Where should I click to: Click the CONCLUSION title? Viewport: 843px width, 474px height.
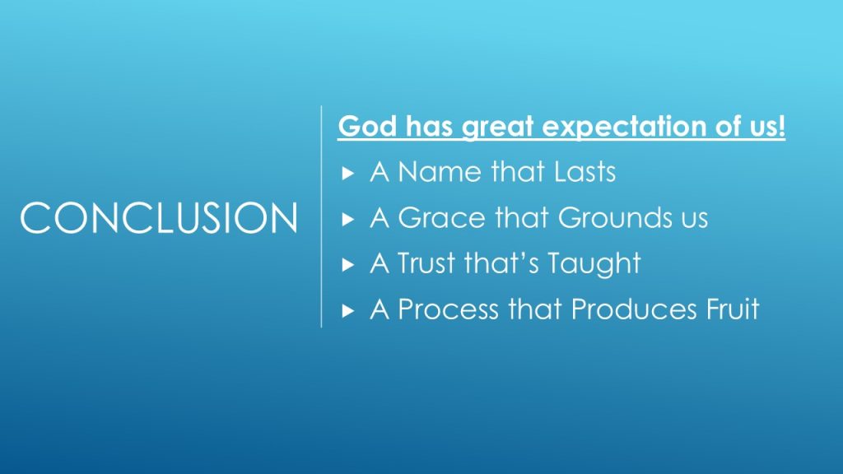(x=159, y=217)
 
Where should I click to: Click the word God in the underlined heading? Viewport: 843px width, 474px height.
(x=368, y=126)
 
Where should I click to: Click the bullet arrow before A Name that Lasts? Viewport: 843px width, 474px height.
(x=348, y=173)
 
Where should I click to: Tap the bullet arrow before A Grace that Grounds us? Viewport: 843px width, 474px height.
(x=348, y=219)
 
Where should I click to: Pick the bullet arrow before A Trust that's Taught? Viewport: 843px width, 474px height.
(x=348, y=264)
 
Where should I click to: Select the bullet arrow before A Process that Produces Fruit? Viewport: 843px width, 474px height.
(x=348, y=310)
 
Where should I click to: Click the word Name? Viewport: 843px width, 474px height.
(x=440, y=172)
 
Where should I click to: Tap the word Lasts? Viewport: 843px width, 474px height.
(x=585, y=172)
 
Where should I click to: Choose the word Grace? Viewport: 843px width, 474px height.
(x=441, y=217)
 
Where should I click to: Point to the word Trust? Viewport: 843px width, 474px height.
(x=426, y=263)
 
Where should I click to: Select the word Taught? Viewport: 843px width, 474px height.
(x=594, y=264)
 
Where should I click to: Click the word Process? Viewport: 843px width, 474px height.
(x=448, y=309)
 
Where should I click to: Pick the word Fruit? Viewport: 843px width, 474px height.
(x=733, y=309)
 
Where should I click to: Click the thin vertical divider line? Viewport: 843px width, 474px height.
(x=322, y=216)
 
